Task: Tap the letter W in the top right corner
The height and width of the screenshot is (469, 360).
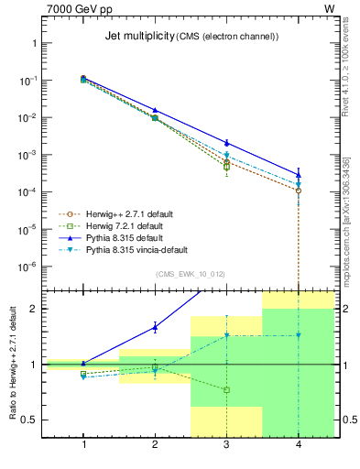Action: pos(330,8)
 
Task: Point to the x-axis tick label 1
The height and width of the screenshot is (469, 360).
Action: pos(83,443)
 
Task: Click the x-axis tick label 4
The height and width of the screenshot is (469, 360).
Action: pos(299,443)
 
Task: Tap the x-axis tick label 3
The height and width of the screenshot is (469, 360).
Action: pos(227,443)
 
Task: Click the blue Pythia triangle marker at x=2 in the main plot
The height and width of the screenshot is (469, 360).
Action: pos(155,110)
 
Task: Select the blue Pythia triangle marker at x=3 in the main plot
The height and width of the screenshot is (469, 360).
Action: pos(227,143)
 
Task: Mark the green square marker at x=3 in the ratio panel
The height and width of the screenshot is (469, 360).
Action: pos(227,390)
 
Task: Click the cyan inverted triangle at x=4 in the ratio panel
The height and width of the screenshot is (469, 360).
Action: pos(299,335)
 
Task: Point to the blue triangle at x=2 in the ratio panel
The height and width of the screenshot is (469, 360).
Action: pos(155,326)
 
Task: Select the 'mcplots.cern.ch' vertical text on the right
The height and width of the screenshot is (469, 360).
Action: pos(345,234)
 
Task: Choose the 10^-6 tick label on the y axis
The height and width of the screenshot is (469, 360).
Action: pos(27,267)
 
